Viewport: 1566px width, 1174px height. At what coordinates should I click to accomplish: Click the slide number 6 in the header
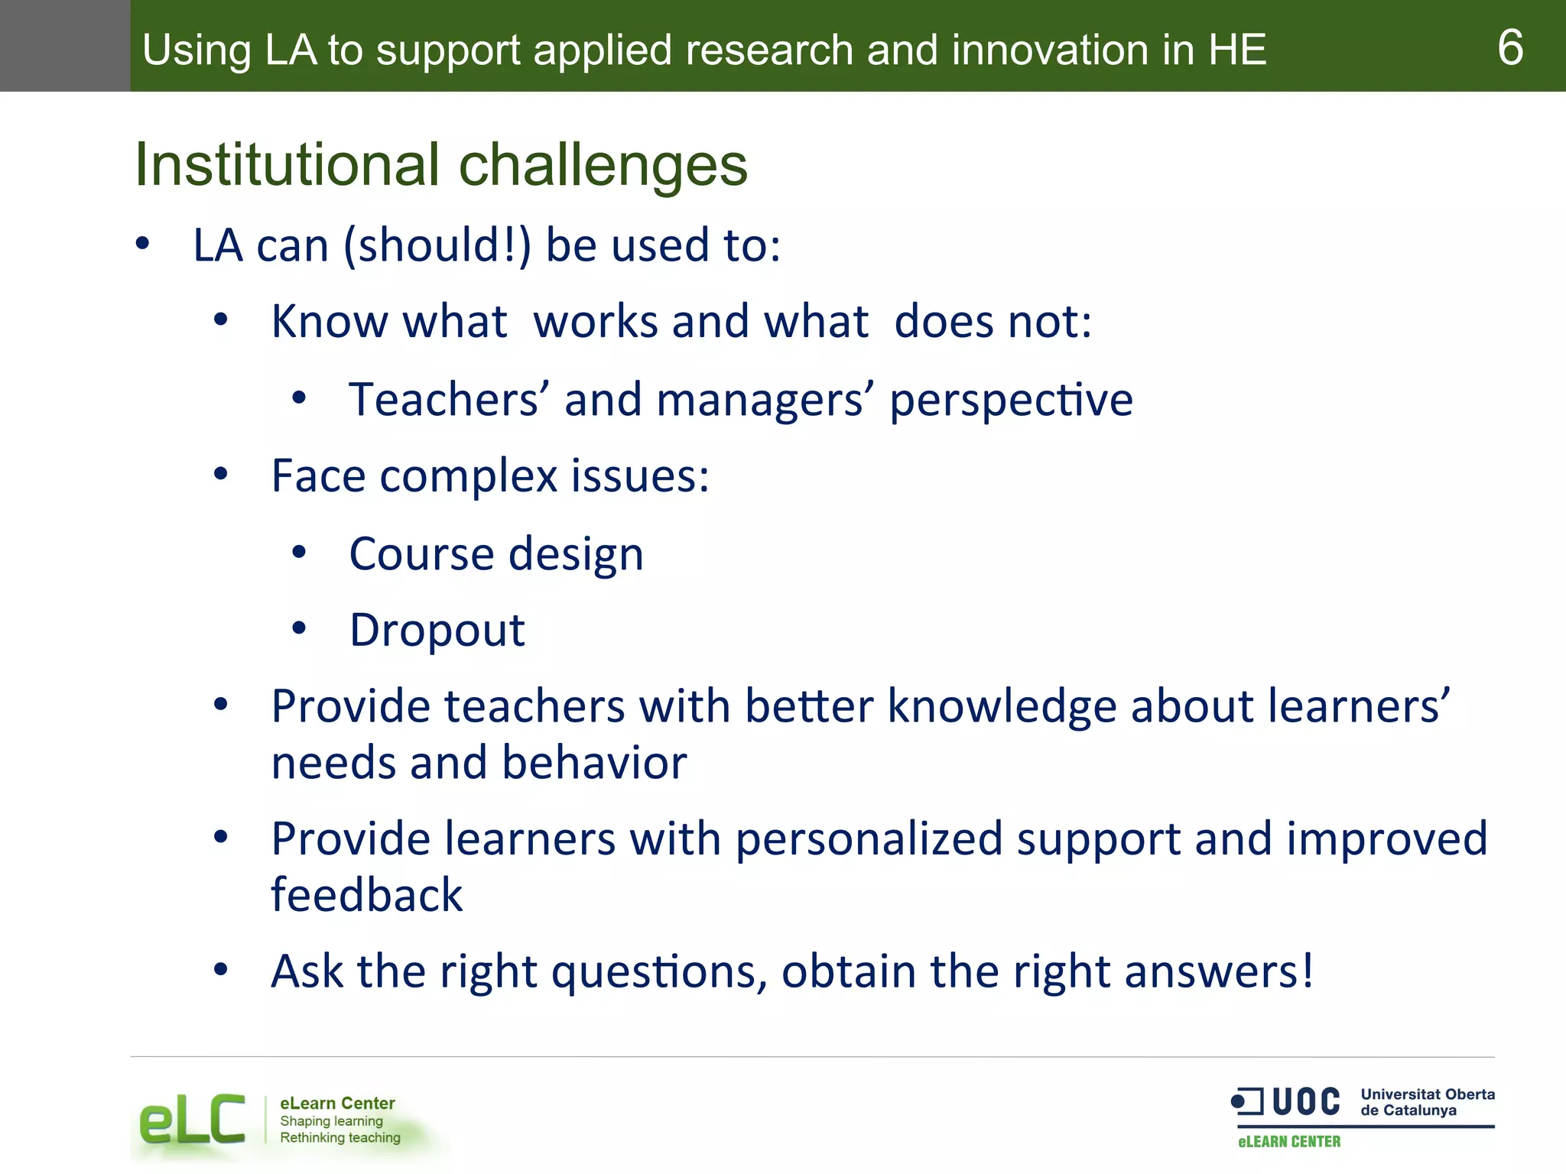coord(1510,47)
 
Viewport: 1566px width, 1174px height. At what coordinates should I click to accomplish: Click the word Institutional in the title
coord(287,164)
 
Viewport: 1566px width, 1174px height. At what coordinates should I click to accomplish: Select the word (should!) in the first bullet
coord(437,246)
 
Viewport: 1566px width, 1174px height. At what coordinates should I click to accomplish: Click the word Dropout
coord(437,631)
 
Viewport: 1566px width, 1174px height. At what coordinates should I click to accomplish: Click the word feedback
coord(367,894)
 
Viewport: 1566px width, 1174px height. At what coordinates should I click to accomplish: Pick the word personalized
coord(869,839)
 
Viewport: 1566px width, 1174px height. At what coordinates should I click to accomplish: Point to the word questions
coord(658,972)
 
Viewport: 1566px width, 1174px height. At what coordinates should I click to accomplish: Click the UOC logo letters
coord(1306,1101)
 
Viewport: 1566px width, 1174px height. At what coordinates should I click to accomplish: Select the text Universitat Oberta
coord(1427,1094)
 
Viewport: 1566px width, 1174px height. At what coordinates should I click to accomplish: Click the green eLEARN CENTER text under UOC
coord(1289,1141)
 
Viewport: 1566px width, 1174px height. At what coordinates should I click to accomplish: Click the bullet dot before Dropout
coord(299,628)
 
